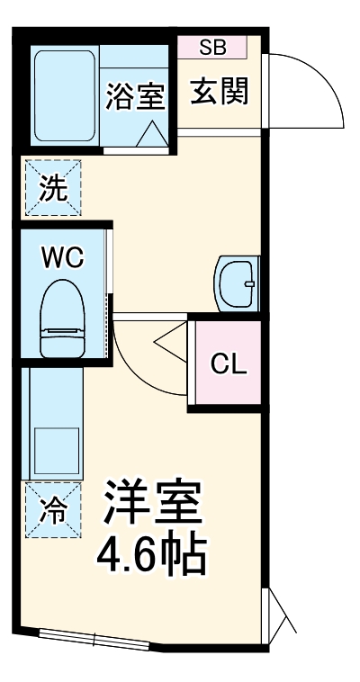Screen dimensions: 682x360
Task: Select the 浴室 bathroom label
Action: point(135,96)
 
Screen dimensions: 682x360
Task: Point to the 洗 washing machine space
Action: point(52,189)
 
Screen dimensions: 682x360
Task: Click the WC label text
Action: point(62,257)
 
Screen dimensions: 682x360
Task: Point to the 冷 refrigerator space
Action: point(52,510)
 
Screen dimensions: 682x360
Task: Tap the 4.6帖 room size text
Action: point(152,554)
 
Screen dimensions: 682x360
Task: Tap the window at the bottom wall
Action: point(94,639)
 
